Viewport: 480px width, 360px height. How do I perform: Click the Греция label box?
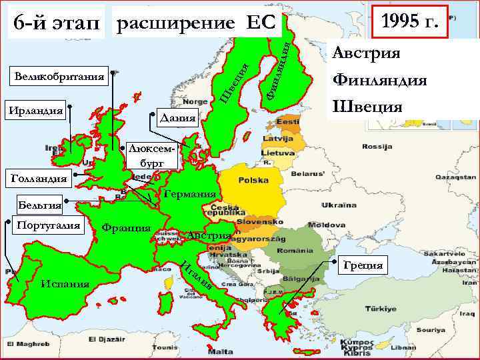363,265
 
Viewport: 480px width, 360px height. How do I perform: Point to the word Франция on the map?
126,227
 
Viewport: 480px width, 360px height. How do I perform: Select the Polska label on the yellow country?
253,180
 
